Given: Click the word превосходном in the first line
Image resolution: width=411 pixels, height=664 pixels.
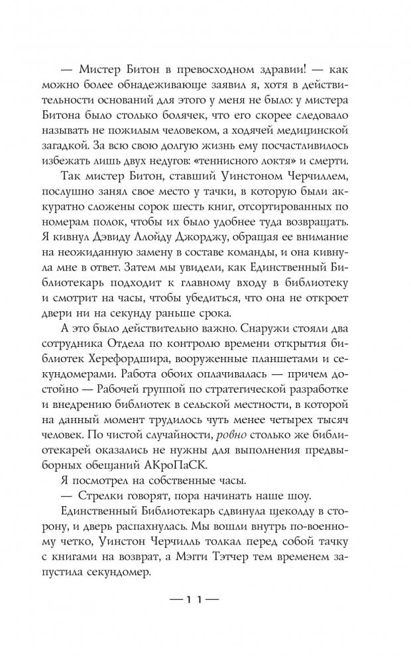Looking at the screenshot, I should [217, 72].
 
